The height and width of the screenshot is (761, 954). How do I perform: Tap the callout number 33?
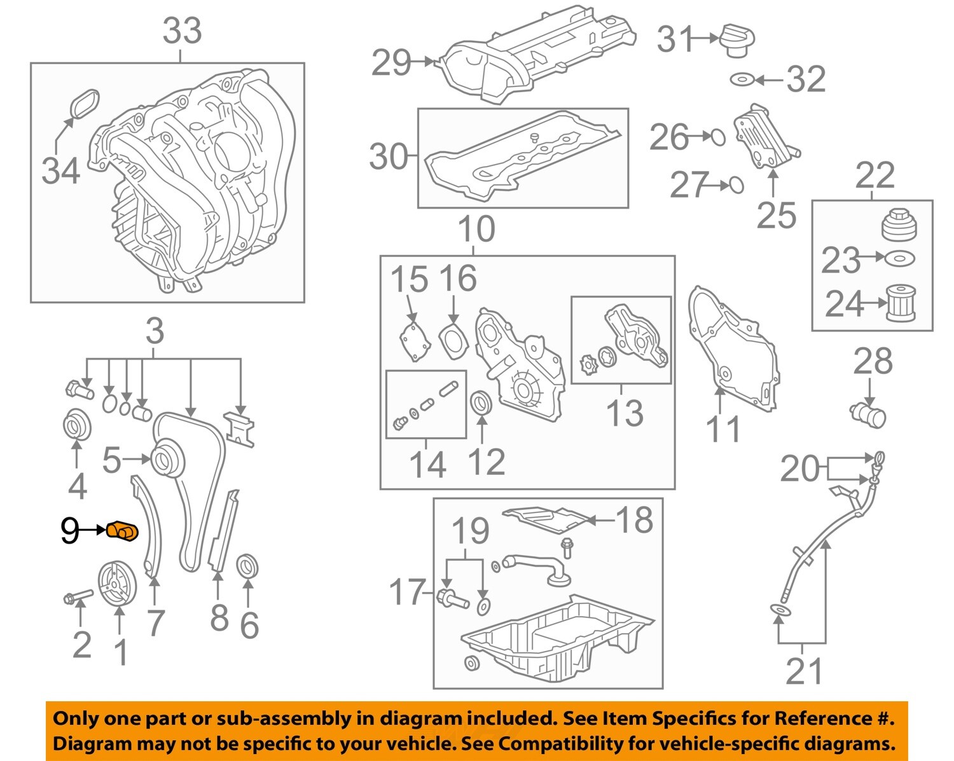tap(182, 31)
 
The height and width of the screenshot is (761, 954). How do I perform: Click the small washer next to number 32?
tap(742, 80)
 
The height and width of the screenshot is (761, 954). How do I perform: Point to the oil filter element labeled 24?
tap(901, 303)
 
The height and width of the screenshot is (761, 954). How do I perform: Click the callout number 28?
tap(873, 362)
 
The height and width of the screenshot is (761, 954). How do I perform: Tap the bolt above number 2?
tap(78, 597)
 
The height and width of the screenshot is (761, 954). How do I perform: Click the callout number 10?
tap(476, 230)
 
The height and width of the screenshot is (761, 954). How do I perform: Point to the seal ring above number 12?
tap(481, 403)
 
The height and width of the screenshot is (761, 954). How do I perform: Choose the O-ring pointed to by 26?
tap(717, 137)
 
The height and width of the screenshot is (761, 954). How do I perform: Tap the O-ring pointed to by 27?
tap(735, 185)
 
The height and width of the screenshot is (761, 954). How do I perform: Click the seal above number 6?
tap(247, 567)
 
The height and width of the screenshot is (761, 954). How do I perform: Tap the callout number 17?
tap(406, 592)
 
